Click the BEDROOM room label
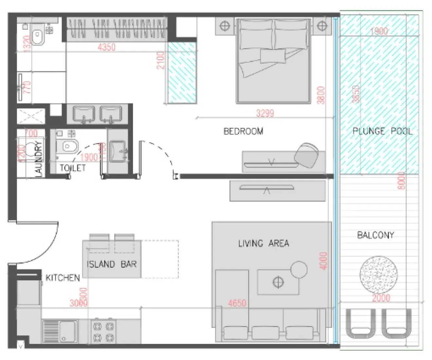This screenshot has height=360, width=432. [243, 131]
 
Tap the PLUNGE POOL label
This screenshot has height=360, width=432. [382, 131]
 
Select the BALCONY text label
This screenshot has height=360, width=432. [375, 235]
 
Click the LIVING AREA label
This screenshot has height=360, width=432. [263, 243]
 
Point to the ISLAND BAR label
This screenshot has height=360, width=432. [112, 264]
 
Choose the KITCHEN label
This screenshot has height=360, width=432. [63, 278]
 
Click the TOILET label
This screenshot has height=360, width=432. [73, 168]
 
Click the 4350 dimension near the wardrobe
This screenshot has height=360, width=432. [107, 47]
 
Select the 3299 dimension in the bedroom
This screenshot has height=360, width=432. [265, 114]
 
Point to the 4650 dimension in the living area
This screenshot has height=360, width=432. [237, 303]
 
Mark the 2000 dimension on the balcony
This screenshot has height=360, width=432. [381, 298]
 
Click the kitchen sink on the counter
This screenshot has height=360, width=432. [60, 331]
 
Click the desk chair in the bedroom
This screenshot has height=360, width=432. [307, 153]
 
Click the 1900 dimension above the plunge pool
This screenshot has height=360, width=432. [379, 31]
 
